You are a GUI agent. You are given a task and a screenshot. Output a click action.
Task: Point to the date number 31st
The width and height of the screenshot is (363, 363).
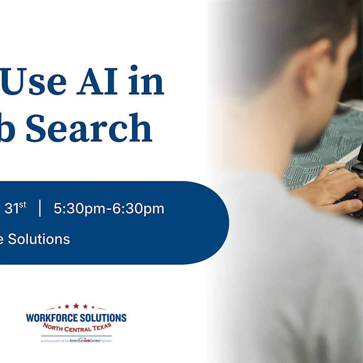(15, 209)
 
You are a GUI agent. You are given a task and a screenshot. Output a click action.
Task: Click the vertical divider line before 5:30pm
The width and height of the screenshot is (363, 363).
(40, 209)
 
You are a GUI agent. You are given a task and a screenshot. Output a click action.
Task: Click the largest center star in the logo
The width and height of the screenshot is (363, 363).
(76, 306)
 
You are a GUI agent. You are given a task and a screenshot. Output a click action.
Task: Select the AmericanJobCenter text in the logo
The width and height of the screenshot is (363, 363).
(86, 341)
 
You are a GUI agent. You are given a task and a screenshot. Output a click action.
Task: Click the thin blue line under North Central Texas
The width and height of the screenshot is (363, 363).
(76, 336)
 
